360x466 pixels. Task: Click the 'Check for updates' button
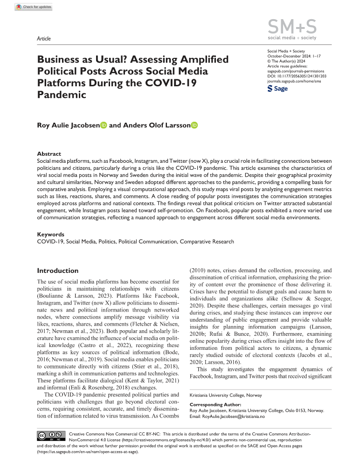(34, 7)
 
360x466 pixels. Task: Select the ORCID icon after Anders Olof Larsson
(194, 125)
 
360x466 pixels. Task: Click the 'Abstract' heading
(49, 153)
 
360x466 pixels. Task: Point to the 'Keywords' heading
(50, 235)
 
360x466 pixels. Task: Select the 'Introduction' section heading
(58, 271)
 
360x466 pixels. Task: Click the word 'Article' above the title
(43, 39)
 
